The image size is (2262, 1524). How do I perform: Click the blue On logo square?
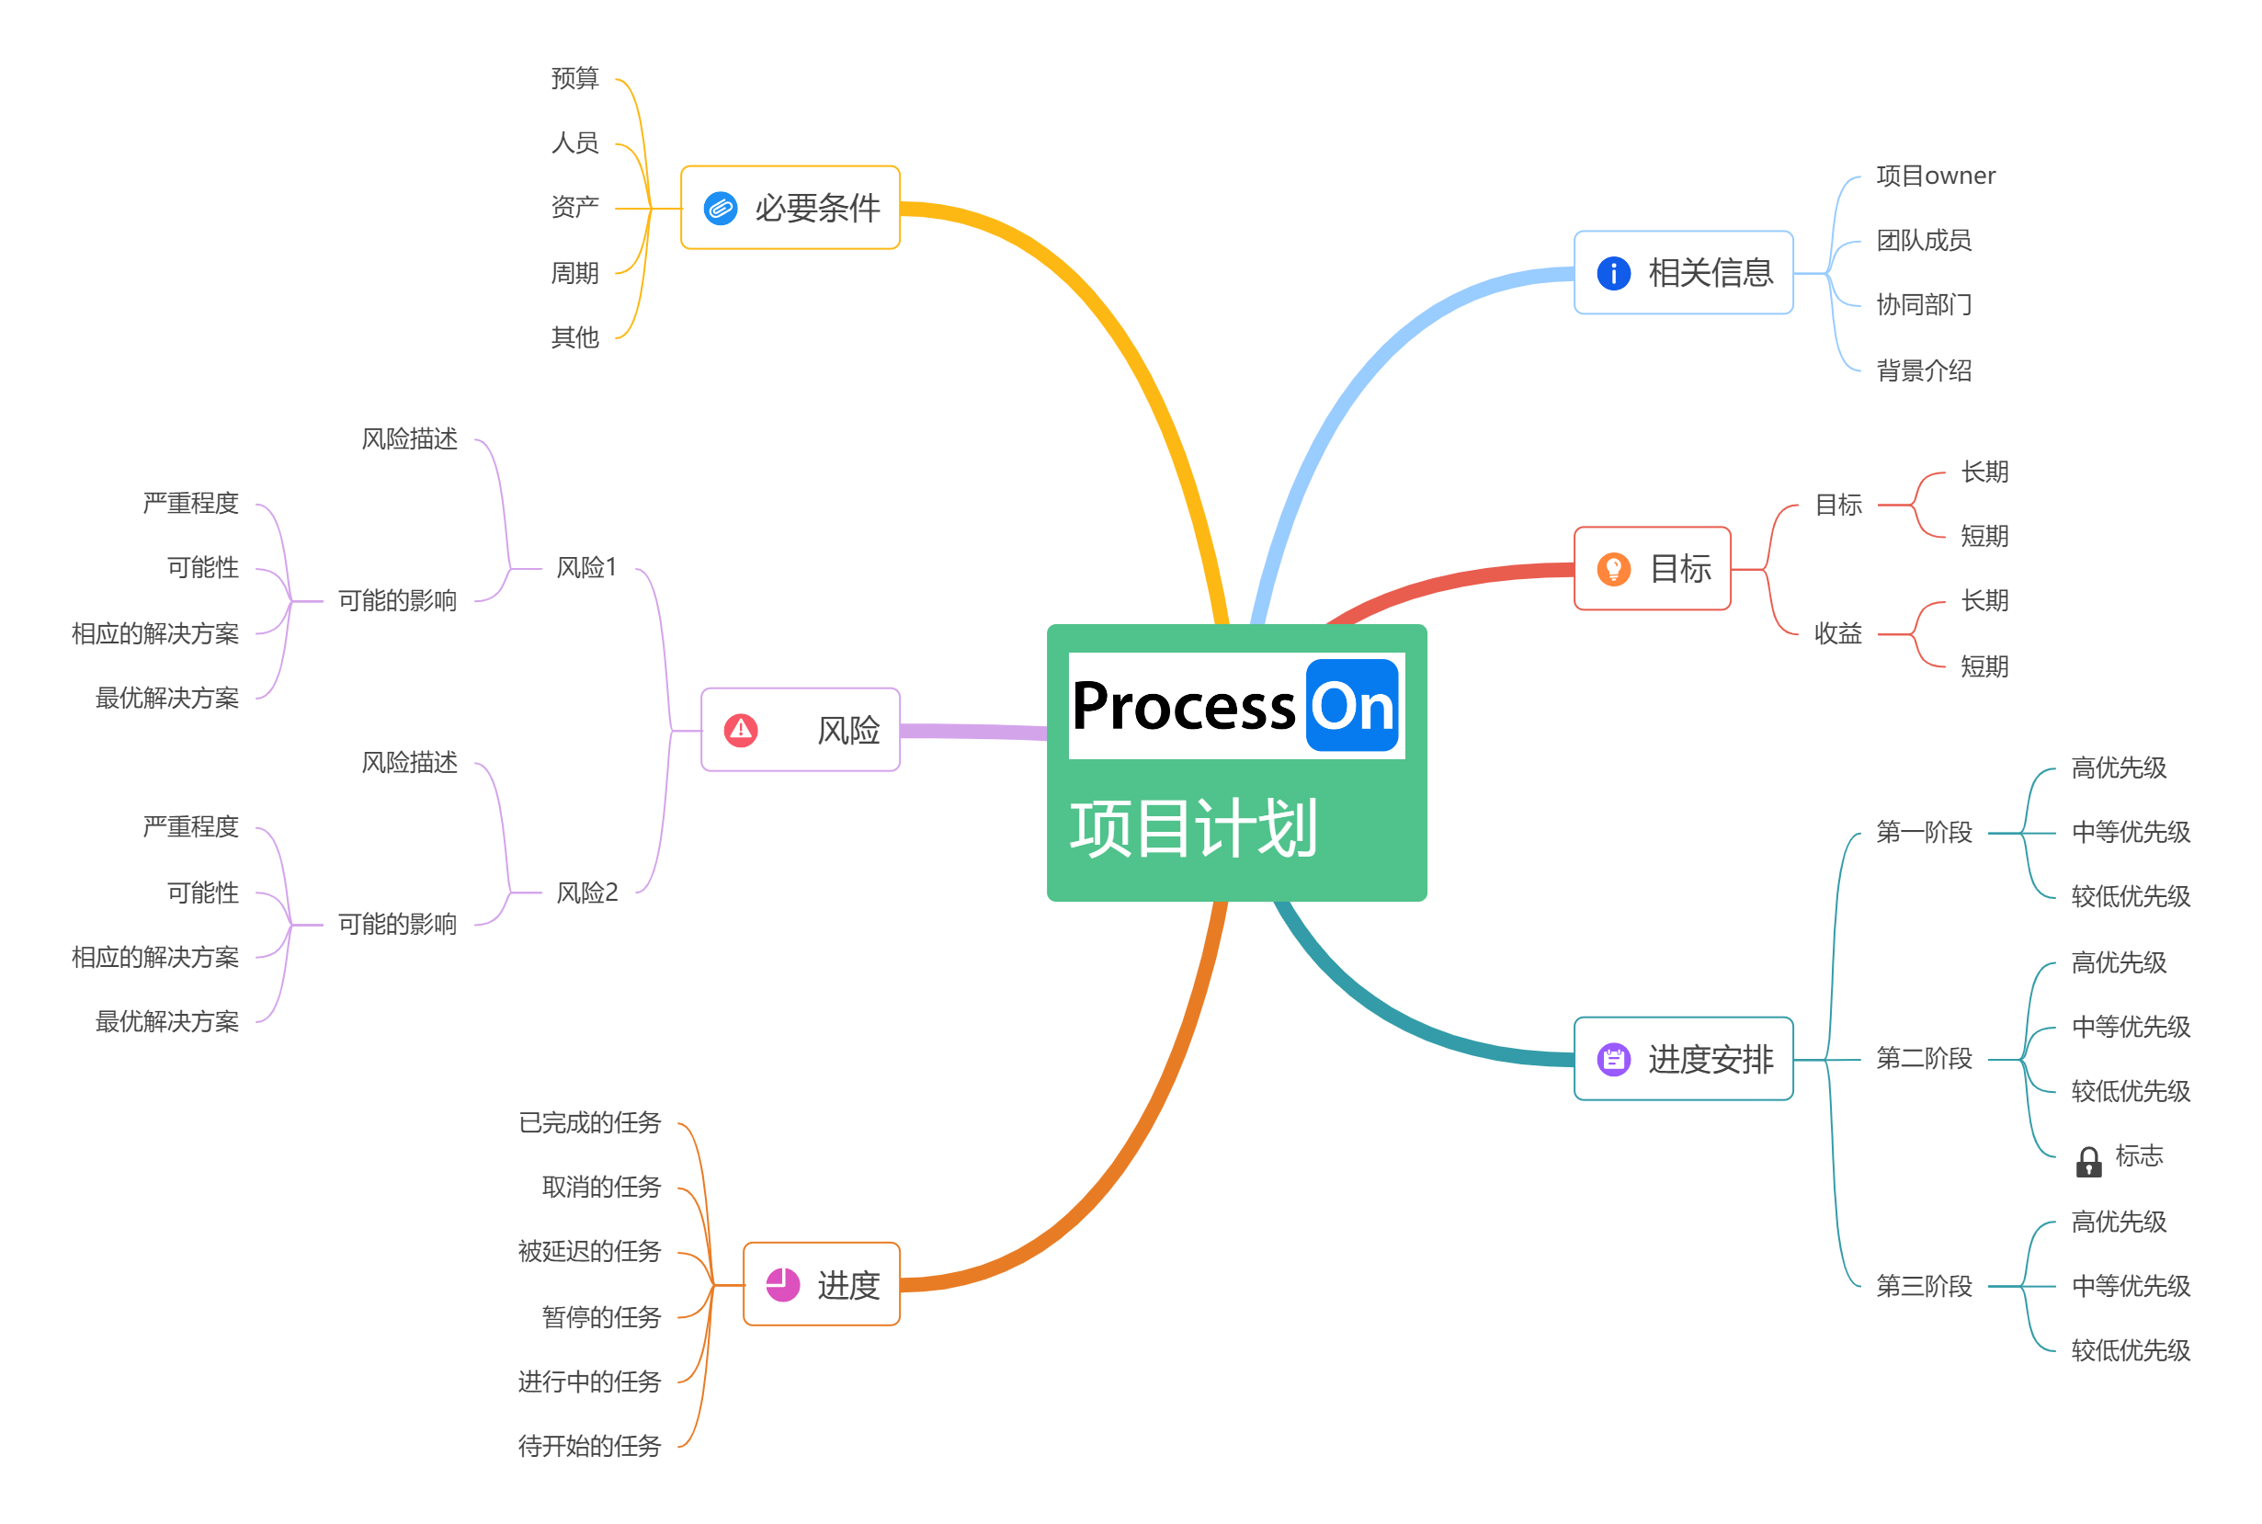point(1350,706)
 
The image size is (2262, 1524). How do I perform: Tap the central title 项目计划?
point(1192,828)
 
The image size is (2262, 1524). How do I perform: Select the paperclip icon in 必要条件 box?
point(720,208)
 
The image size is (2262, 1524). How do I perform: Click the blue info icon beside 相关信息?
point(1613,273)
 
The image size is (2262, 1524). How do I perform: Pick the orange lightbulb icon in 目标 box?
point(1613,569)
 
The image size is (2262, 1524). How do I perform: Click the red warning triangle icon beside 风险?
point(741,729)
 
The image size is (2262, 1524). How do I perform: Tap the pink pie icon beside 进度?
point(782,1285)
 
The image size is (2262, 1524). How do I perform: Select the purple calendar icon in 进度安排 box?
point(1613,1059)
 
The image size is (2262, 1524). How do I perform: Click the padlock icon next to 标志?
point(2088,1162)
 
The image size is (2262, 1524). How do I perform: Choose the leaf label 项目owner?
point(1935,176)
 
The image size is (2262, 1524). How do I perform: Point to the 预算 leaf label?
point(574,78)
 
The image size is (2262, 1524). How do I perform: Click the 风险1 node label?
point(585,568)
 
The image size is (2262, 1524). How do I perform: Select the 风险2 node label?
point(585,893)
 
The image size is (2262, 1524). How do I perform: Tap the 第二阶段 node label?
point(1923,1059)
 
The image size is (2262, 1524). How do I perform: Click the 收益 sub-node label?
point(1837,633)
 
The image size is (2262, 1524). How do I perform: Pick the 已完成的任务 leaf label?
point(589,1122)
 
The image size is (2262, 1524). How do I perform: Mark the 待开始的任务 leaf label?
point(589,1446)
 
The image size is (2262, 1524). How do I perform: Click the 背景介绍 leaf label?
point(1923,370)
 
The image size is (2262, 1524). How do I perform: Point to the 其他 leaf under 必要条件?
point(574,337)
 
